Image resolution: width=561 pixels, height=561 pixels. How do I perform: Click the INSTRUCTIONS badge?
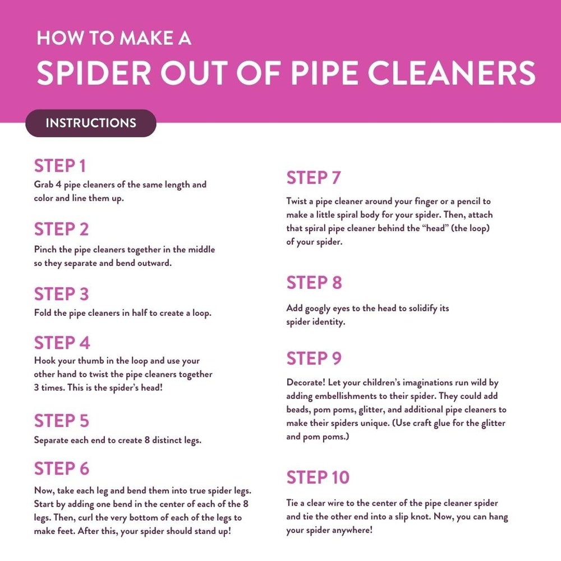click(90, 123)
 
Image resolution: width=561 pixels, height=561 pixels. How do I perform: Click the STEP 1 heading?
click(59, 166)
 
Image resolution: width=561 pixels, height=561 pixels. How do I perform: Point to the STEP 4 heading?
click(62, 342)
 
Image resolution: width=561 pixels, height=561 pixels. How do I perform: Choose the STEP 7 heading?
click(314, 178)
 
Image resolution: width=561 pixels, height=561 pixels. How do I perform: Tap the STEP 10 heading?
click(318, 477)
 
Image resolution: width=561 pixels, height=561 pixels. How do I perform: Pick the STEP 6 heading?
click(62, 468)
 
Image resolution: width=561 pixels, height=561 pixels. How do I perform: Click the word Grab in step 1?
click(44, 185)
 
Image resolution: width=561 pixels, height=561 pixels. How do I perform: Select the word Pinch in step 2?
click(45, 249)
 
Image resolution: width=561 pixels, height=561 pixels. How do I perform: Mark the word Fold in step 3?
click(43, 313)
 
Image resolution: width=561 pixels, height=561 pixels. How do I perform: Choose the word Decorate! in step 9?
click(306, 383)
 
